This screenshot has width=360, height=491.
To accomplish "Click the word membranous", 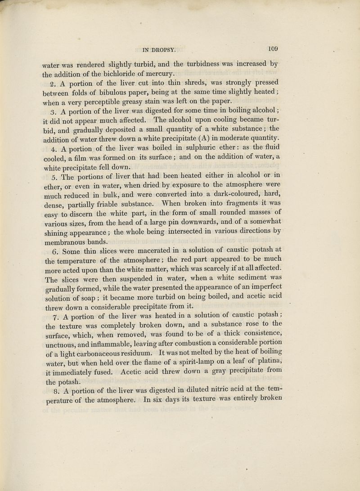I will click(x=68, y=241).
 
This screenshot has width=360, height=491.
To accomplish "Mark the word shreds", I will click(x=179, y=83).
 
